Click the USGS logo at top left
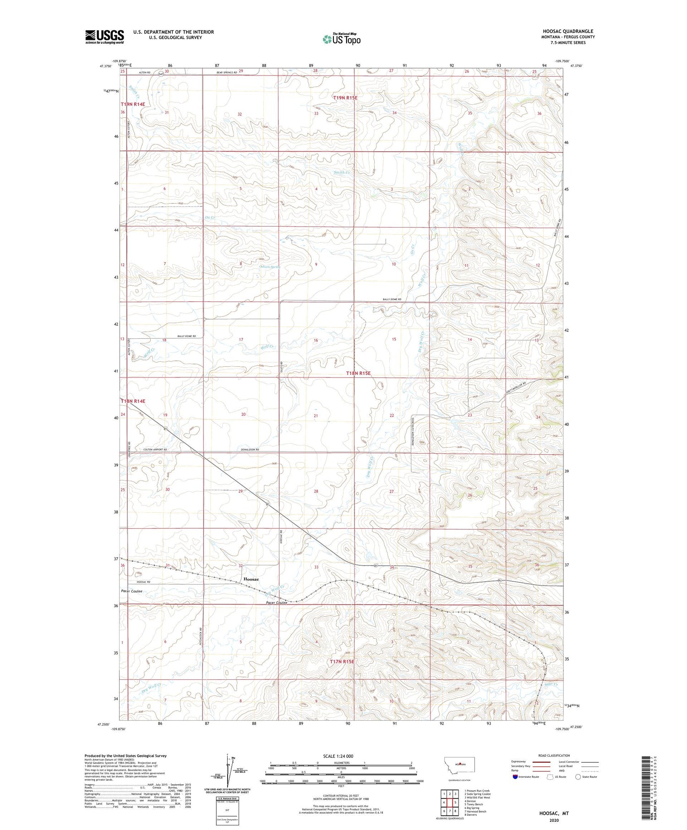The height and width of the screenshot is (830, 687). (104, 37)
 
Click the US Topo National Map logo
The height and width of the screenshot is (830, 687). (341, 39)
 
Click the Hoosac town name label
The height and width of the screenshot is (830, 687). (251, 579)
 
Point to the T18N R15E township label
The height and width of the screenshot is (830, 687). (358, 373)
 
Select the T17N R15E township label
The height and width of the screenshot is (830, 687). (342, 662)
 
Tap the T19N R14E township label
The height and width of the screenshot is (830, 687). (133, 104)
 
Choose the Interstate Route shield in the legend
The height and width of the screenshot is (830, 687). (515, 777)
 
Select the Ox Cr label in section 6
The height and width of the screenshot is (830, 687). (210, 217)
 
